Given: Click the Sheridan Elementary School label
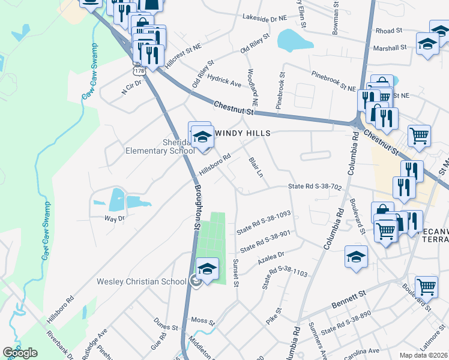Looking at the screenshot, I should click(x=159, y=146).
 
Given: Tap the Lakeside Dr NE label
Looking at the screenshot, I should click(x=265, y=19).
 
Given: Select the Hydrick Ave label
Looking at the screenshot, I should click(x=223, y=81).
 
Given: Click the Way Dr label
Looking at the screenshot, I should click(x=114, y=218).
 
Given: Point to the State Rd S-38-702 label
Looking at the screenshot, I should click(x=315, y=187).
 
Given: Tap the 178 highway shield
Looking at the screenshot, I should click(x=139, y=70).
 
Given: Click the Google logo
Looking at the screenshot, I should click(x=20, y=353).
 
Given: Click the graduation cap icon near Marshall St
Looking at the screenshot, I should click(x=427, y=44).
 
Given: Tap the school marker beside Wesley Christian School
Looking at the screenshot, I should click(x=207, y=269).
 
